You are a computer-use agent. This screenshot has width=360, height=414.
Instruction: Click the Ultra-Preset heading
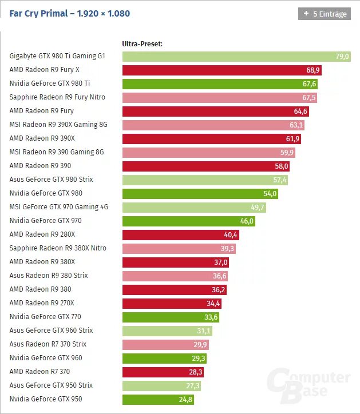click(x=143, y=43)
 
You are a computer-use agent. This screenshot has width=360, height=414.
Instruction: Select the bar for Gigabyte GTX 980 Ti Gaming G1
click(x=229, y=57)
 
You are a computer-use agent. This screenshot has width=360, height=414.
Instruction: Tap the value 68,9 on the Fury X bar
click(x=312, y=70)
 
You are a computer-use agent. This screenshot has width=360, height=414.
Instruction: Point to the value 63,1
click(x=296, y=125)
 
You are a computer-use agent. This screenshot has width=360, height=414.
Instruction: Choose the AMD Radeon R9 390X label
click(x=42, y=138)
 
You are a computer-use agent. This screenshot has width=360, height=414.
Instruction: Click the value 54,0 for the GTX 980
click(x=270, y=194)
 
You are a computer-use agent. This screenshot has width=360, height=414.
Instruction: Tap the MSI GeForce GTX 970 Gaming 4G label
click(x=59, y=207)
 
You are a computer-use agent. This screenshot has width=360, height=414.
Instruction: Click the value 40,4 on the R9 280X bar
click(x=231, y=235)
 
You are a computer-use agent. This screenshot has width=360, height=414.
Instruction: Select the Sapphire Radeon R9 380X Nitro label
click(x=58, y=248)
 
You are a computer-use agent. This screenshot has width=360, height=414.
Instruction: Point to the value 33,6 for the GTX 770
click(x=211, y=317)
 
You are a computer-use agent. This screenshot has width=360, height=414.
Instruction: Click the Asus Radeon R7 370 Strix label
click(x=48, y=344)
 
